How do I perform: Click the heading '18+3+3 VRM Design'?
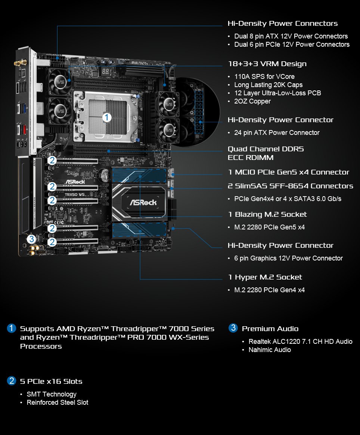pyautogui.click(x=267, y=64)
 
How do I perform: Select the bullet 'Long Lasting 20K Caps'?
pyautogui.click(x=268, y=85)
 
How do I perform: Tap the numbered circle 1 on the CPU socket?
pyautogui.click(x=107, y=117)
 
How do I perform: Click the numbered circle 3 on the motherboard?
pyautogui.click(x=31, y=239)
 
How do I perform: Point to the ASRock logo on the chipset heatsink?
pyautogui.click(x=143, y=203)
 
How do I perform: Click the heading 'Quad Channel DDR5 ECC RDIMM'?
pyautogui.click(x=266, y=153)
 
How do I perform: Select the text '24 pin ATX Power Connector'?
pyautogui.click(x=277, y=133)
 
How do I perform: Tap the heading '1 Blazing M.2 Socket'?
pyautogui.click(x=267, y=215)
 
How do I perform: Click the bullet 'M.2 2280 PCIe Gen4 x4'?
pyautogui.click(x=269, y=290)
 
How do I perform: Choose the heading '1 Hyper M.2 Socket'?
pyautogui.click(x=265, y=277)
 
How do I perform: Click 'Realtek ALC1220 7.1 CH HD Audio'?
pyautogui.click(x=300, y=342)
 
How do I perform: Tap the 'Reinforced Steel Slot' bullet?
pyautogui.click(x=58, y=402)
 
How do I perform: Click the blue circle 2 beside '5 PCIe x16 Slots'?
pyautogui.click(x=12, y=381)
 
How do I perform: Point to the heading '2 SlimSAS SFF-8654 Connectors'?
pyautogui.click(x=290, y=186)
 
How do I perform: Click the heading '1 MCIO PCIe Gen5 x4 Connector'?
pyautogui.click(x=288, y=172)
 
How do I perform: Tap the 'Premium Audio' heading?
pyautogui.click(x=270, y=329)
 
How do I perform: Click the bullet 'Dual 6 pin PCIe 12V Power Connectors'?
pyautogui.click(x=292, y=44)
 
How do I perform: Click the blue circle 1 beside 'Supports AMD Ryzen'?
pyautogui.click(x=12, y=328)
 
